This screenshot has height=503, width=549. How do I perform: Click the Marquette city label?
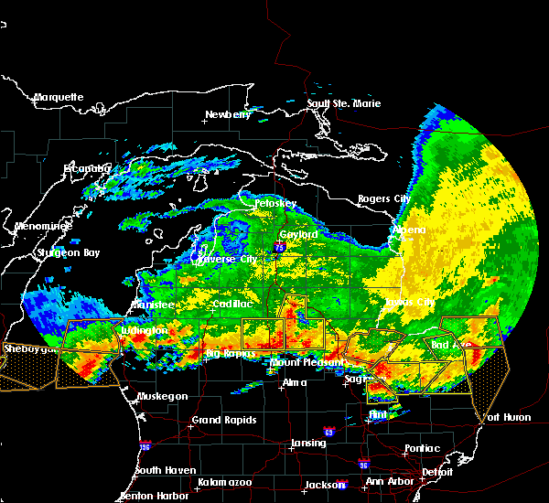coord(59,97)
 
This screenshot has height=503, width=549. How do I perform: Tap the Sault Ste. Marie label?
coord(343,103)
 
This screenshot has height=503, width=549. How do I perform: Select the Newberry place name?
coord(227,115)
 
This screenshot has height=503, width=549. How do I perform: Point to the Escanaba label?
coord(87,168)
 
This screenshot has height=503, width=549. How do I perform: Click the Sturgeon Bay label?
coord(68,251)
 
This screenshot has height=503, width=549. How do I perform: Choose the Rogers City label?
coord(383,198)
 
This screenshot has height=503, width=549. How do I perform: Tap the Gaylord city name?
coord(297,234)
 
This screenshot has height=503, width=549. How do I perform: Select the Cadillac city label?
coord(231,304)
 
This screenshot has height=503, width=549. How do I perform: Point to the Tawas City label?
coord(408,301)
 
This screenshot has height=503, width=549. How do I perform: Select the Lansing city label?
coord(308,443)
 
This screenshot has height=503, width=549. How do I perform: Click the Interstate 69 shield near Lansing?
coord(328,431)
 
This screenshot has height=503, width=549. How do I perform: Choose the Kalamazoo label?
coord(225,482)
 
